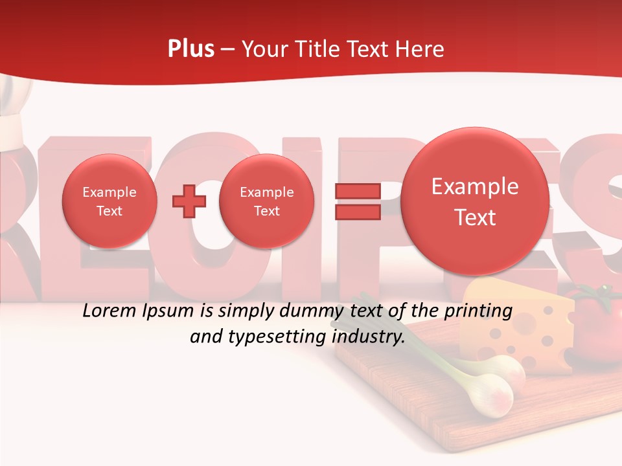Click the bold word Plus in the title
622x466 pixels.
pos(190,49)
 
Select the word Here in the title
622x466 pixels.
pos(420,49)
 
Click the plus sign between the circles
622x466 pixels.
pos(189,201)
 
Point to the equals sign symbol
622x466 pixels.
pos(357,201)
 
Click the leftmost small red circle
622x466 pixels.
pos(109,201)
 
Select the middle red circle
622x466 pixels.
pos(266,201)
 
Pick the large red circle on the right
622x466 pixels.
pos(475,201)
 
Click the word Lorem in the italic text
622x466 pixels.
pos(109,311)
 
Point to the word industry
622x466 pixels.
pos(367,337)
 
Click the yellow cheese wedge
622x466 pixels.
pos(518,324)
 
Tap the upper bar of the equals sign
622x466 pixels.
pos(357,191)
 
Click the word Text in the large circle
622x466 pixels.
pos(475,217)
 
